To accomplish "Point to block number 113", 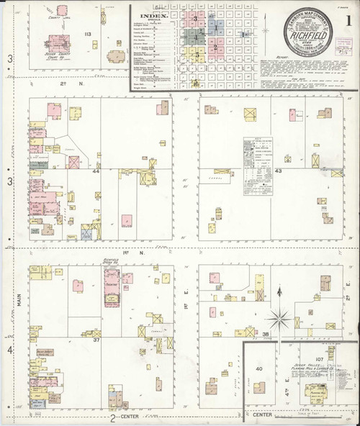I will [87, 34].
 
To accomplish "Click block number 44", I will [96, 172].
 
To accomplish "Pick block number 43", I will [277, 172].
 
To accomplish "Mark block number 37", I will [96, 339].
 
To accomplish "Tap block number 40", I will [260, 368].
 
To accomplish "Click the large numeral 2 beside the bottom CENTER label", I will [113, 417].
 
